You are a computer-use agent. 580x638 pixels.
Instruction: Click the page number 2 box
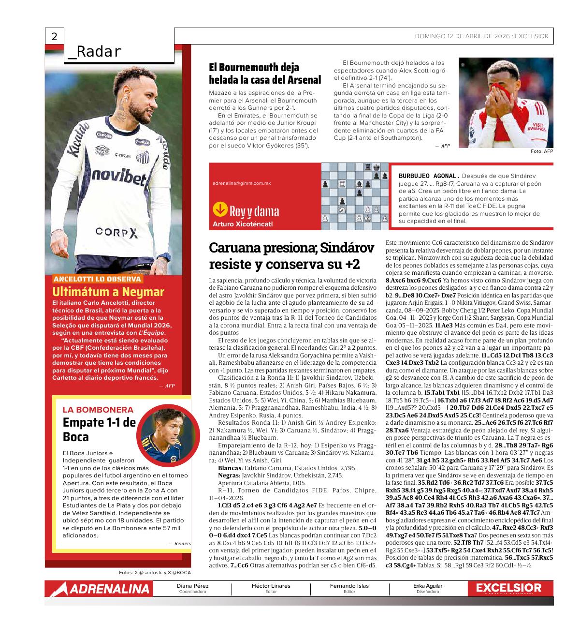tap(54, 37)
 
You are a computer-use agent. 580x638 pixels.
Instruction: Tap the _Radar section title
tap(95, 52)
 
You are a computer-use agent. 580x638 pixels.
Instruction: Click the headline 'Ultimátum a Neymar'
tap(108, 292)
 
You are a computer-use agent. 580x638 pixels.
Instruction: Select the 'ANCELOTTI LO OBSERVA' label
tap(98, 279)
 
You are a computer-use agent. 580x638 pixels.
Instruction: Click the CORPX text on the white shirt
tap(116, 233)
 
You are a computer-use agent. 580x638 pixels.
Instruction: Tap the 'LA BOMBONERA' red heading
tap(98, 409)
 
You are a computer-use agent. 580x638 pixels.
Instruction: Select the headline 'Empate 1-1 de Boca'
tap(99, 430)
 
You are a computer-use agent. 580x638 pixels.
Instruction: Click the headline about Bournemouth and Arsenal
tap(265, 73)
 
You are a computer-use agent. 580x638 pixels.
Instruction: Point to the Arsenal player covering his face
tap(506, 103)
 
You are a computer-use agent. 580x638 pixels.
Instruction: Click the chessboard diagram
tap(356, 196)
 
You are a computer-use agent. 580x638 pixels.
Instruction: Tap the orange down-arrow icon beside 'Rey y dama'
tap(220, 209)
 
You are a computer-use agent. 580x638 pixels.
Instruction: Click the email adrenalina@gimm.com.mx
tap(242, 183)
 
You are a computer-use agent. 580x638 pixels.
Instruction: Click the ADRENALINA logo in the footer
tap(99, 589)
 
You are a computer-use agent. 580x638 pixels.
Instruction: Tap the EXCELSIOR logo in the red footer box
tap(508, 588)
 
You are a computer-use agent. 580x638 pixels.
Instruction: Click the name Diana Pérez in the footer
tap(192, 586)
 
